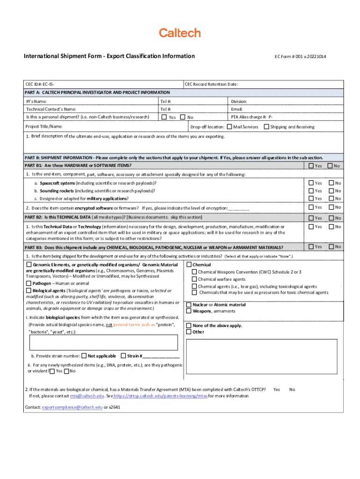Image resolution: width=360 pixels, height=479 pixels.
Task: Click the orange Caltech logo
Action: [180, 33]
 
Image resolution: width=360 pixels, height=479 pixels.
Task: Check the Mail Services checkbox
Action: [230, 127]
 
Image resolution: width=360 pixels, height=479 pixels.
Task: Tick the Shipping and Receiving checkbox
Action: [266, 127]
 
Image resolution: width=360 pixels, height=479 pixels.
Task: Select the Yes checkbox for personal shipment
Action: [164, 117]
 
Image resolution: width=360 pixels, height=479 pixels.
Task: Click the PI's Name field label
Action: [36, 102]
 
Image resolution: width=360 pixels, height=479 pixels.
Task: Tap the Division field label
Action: [239, 102]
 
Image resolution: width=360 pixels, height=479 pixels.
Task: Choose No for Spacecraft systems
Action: [331, 183]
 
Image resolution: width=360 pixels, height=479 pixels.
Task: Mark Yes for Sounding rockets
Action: [310, 191]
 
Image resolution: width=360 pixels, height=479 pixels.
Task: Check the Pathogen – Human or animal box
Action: [29, 283]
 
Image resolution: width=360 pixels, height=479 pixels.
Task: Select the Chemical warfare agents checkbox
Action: [194, 279]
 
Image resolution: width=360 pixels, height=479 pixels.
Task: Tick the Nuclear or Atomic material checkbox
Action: [189, 305]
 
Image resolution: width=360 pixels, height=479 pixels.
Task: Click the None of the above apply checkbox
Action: [189, 326]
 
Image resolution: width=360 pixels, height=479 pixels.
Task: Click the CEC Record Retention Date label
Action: [211, 84]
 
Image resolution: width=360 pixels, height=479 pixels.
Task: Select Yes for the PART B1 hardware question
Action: [310, 166]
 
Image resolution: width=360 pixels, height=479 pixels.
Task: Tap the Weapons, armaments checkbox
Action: [189, 311]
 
